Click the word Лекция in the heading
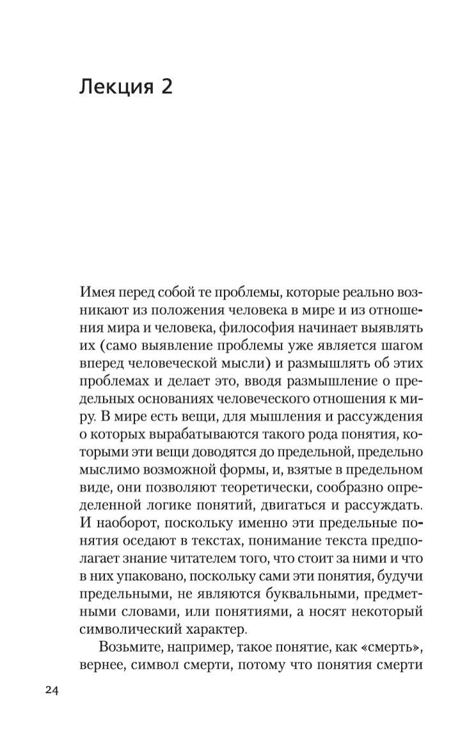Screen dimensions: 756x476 (x=113, y=88)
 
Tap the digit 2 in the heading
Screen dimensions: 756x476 (x=164, y=88)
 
